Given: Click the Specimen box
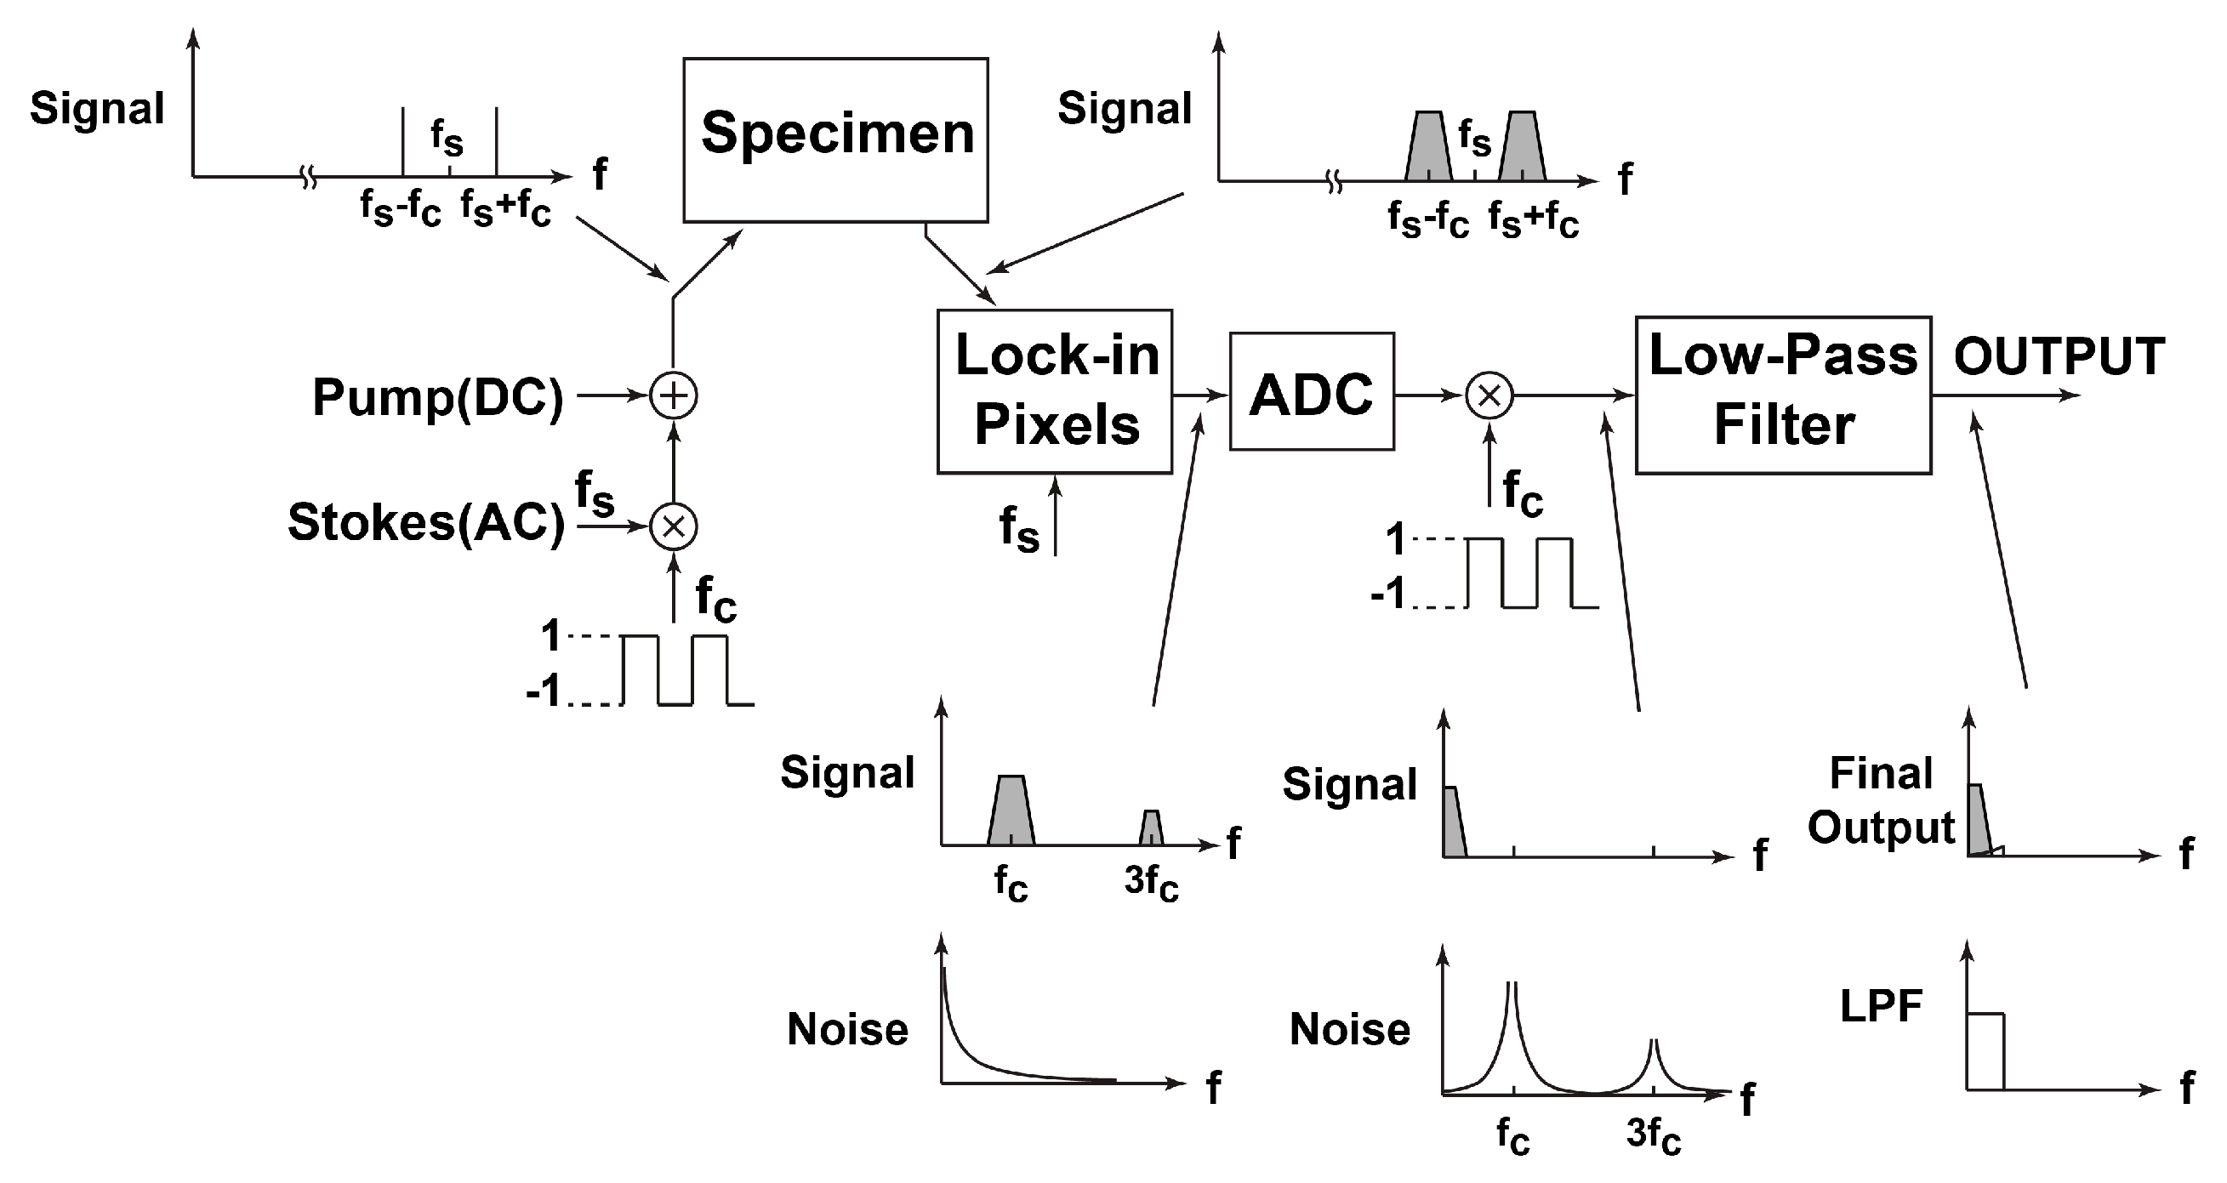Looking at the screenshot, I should [x=835, y=140].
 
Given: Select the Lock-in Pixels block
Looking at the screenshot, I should [x=1055, y=391].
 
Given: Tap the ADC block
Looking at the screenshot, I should [x=1312, y=392].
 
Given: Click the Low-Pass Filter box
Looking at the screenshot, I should [x=1783, y=395].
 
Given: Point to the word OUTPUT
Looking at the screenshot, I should [x=2059, y=356].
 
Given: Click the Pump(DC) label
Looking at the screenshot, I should [x=437, y=397].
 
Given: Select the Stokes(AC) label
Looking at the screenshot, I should [x=426, y=523].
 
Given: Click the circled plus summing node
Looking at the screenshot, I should [x=674, y=395].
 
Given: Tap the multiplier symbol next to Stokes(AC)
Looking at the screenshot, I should [x=674, y=526].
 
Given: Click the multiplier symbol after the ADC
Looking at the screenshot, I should [x=1489, y=395].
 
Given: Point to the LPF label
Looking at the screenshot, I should [x=1880, y=1006].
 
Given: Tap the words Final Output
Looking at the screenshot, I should [x=1880, y=800].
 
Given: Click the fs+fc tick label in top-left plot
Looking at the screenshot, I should [x=506, y=208].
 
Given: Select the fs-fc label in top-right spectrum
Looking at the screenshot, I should [x=1428, y=219].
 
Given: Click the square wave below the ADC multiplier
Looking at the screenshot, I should [x=1520, y=573].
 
